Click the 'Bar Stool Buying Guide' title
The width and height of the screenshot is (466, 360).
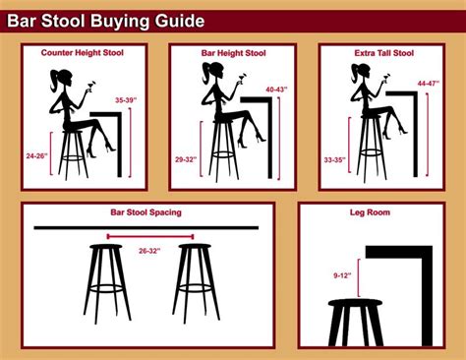pos(105,21)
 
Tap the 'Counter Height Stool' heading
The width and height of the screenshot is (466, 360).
pos(83,53)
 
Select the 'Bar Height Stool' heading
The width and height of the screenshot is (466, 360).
pos(233,53)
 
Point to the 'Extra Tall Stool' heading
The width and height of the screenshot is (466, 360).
pos(383,53)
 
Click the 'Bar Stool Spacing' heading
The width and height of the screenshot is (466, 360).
pos(146,212)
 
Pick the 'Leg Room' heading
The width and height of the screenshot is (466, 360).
pos(370,212)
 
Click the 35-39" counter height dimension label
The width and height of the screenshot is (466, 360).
pos(126,100)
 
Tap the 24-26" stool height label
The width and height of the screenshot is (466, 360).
pos(36,156)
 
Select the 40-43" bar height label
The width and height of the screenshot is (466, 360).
pos(276,90)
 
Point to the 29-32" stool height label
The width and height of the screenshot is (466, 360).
pos(186,159)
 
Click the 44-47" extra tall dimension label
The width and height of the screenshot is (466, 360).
pos(428,84)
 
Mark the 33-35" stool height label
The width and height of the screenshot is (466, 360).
pos(335,160)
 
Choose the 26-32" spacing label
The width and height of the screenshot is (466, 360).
pos(149,251)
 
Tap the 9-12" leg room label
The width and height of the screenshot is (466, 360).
pos(342,275)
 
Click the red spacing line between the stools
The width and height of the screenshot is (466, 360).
pos(150,236)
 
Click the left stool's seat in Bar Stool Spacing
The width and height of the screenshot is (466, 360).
pos(106,247)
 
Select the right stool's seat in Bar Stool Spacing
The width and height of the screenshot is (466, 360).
pos(195,247)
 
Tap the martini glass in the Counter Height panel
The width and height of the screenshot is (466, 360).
pos(90,85)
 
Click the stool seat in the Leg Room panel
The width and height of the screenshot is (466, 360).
pos(355,302)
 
